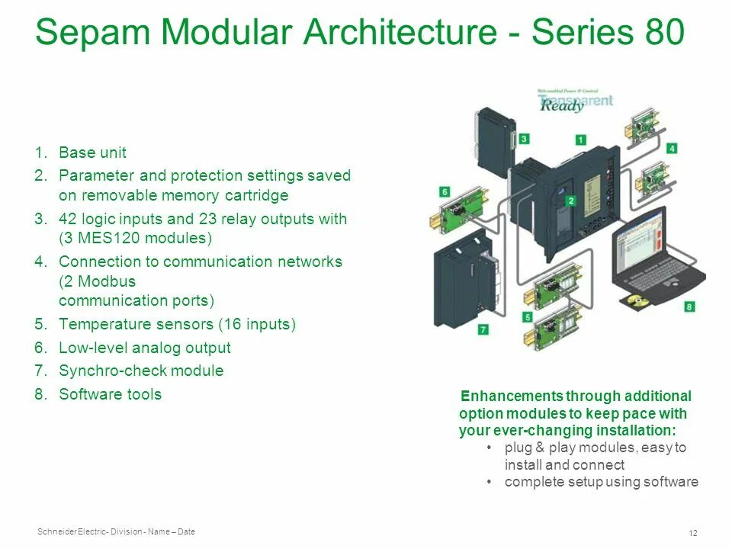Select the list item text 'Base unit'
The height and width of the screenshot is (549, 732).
pyautogui.click(x=92, y=152)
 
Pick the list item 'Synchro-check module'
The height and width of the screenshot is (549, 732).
pyautogui.click(x=141, y=371)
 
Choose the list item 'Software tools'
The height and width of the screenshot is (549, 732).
pyautogui.click(x=110, y=394)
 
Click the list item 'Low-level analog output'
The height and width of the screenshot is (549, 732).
pyautogui.click(x=144, y=348)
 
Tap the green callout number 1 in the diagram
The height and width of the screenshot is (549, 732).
pyautogui.click(x=580, y=140)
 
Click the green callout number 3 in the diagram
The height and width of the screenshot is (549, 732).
pyautogui.click(x=525, y=139)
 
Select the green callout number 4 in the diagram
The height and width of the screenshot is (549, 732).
pyautogui.click(x=672, y=149)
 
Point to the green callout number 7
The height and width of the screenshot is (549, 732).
pyautogui.click(x=483, y=329)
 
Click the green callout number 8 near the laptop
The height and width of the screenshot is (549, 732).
pyautogui.click(x=689, y=307)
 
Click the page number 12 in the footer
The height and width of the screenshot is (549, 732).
pyautogui.click(x=693, y=532)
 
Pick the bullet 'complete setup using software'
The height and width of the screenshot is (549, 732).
pyautogui.click(x=601, y=482)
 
